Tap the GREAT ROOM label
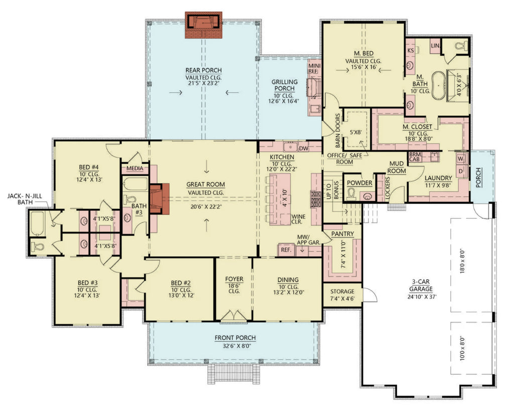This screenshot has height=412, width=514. pos(206,184)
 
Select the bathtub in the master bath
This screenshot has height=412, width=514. pos(439,86)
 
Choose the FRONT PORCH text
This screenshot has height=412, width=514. pos(235,338)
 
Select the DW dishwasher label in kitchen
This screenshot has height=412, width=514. pos(303,148)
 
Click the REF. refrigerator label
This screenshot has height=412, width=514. pos(286,249)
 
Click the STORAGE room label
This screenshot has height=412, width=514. pos(342,292)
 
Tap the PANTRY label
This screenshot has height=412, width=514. pos(342,234)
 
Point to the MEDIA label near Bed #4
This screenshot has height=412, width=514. pos(135,169)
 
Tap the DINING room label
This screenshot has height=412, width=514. pos(288,280)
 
